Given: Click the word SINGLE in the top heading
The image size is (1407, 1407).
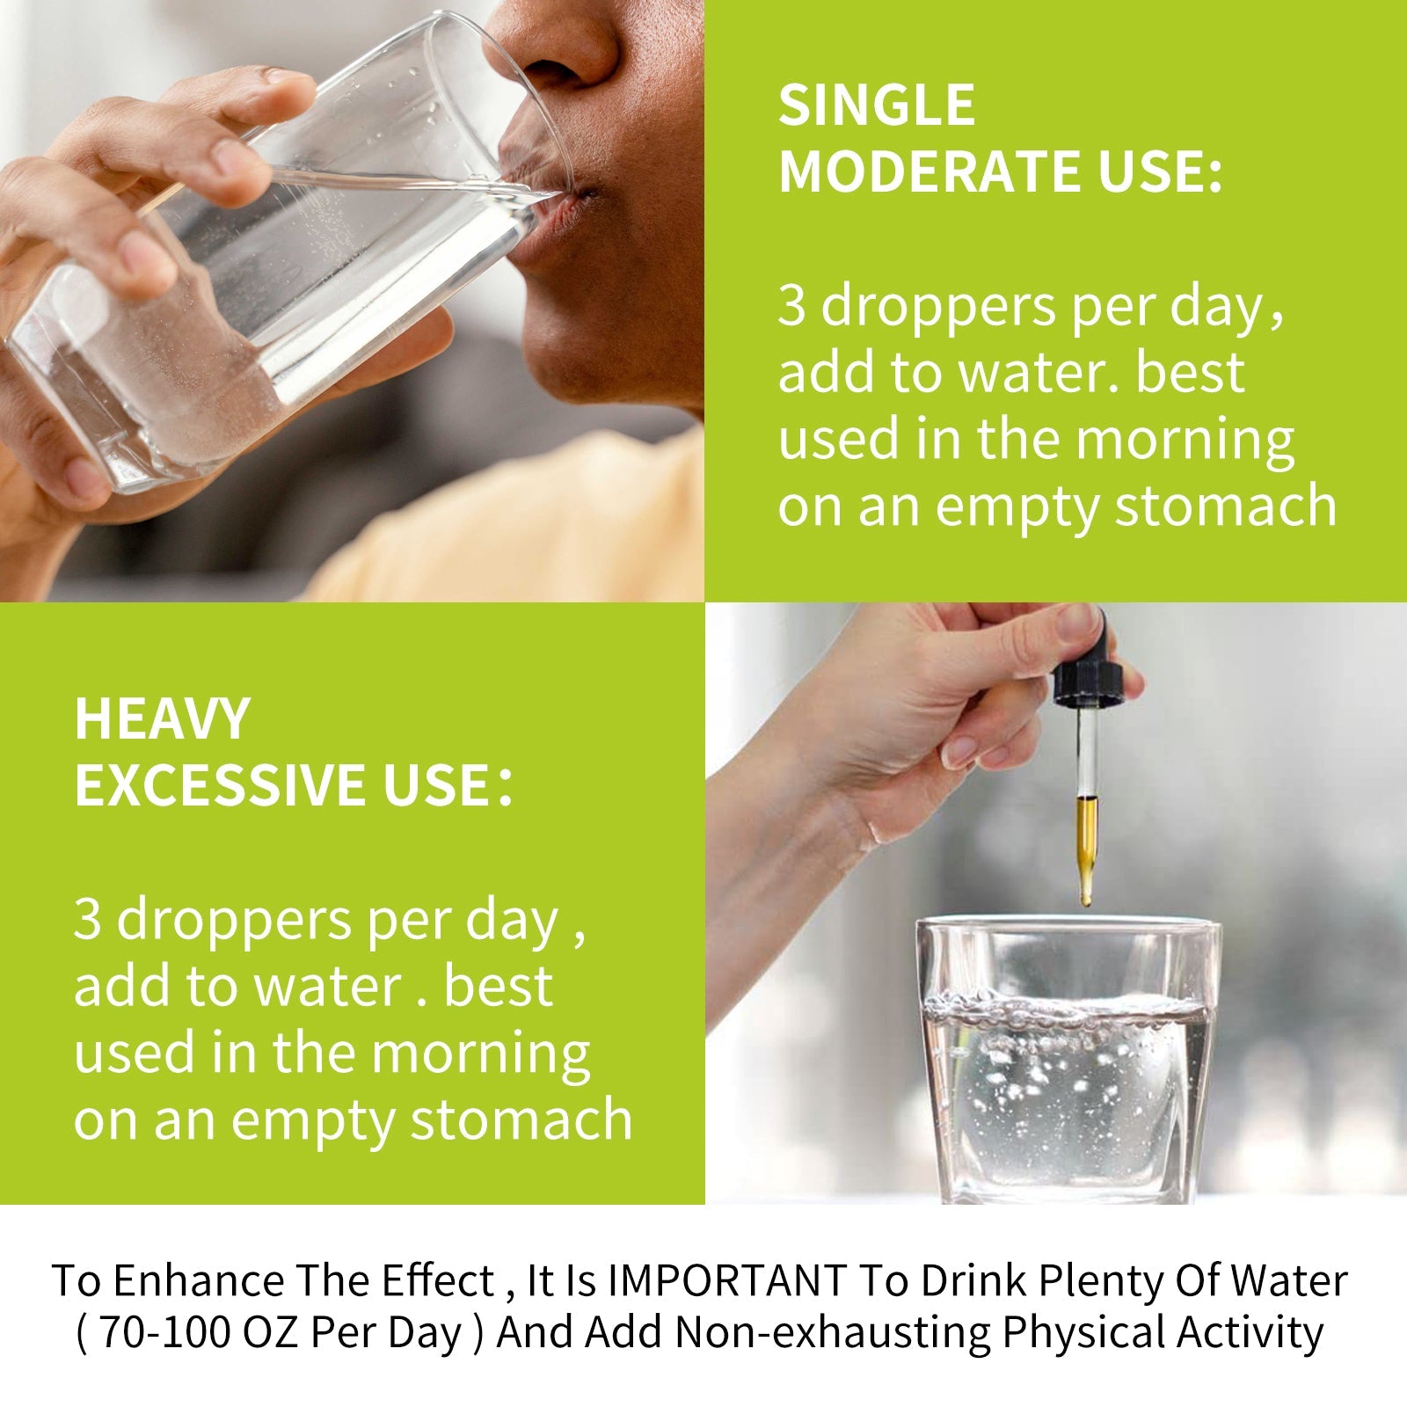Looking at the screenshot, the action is tap(877, 106).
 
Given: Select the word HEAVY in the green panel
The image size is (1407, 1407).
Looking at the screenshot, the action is tap(163, 719).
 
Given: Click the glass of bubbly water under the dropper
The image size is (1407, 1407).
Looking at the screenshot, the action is tap(1068, 1060).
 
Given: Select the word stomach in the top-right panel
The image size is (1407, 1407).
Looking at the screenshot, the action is tap(1226, 507).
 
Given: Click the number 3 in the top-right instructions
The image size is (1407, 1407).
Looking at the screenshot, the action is tap(791, 307).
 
